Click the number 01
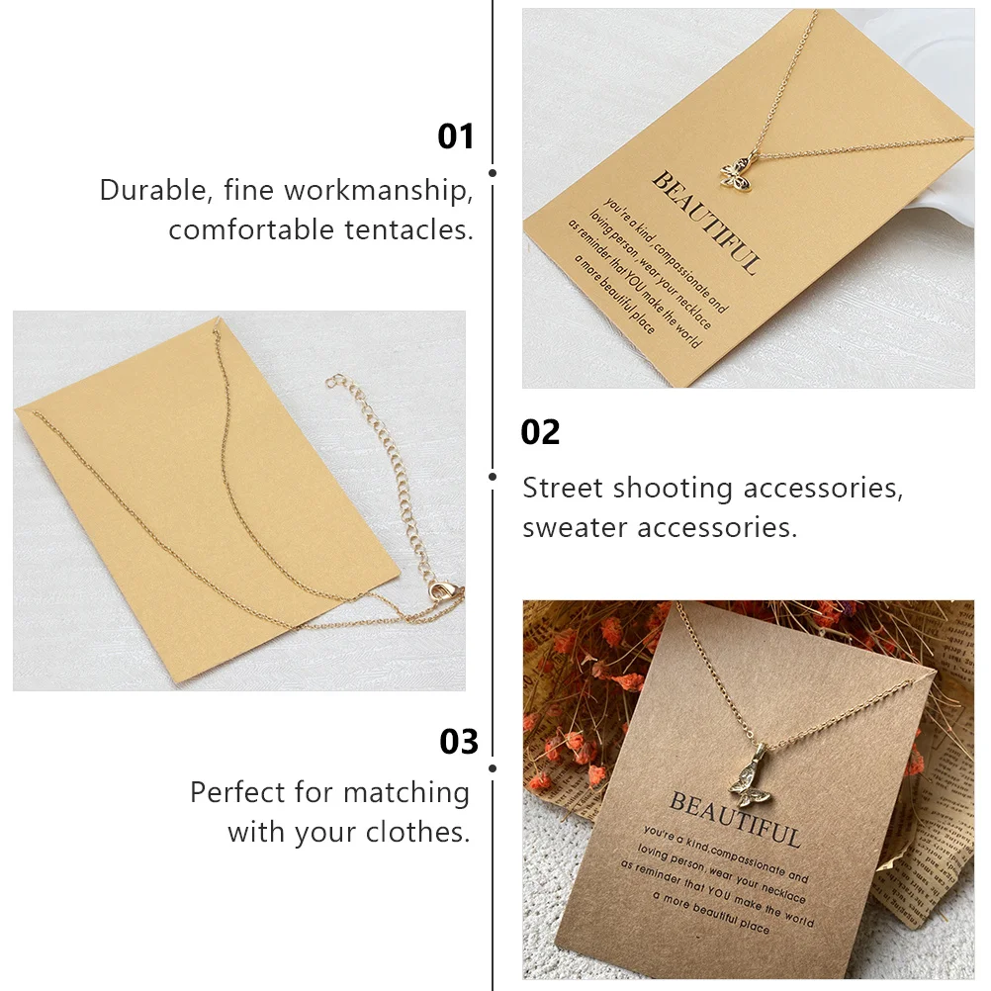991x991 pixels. tap(456, 136)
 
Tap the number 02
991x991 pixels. tap(540, 432)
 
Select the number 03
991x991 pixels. tap(459, 742)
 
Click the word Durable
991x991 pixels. tap(155, 190)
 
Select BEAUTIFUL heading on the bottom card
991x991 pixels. tap(735, 817)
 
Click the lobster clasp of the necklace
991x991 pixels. tap(437, 592)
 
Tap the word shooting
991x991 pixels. tap(674, 488)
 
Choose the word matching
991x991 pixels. tap(406, 792)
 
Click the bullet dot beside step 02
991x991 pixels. tap(493, 476)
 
